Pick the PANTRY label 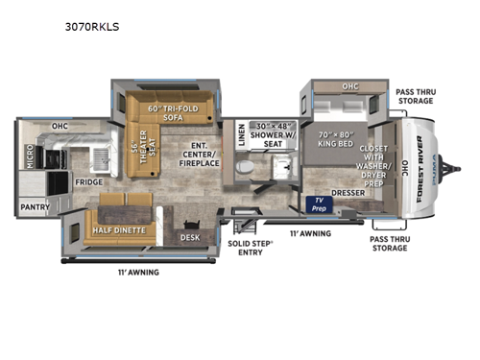[35, 205]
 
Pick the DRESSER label [348, 192]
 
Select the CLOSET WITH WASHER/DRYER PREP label [373, 163]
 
